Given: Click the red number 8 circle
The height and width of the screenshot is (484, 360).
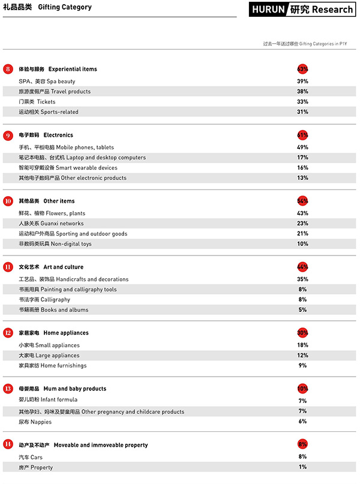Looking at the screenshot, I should coord(8,69).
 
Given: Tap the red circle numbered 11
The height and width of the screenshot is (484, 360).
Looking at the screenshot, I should coord(8,267).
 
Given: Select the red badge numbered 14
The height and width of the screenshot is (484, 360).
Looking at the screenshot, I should coord(8,445).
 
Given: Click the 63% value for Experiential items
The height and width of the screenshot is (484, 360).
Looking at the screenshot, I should coord(302,69).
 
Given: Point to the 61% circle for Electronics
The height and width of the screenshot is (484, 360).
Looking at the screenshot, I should coord(302,135).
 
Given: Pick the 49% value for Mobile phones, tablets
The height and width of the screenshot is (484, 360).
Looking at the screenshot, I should coord(302,148).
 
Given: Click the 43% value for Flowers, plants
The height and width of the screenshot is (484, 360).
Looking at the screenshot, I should coord(302,214).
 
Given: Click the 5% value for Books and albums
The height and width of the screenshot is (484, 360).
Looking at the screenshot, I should coord(302,310).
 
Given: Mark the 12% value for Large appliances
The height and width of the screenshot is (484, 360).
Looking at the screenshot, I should coord(302,356).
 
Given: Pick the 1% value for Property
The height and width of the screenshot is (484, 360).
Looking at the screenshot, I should coord(302,467).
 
